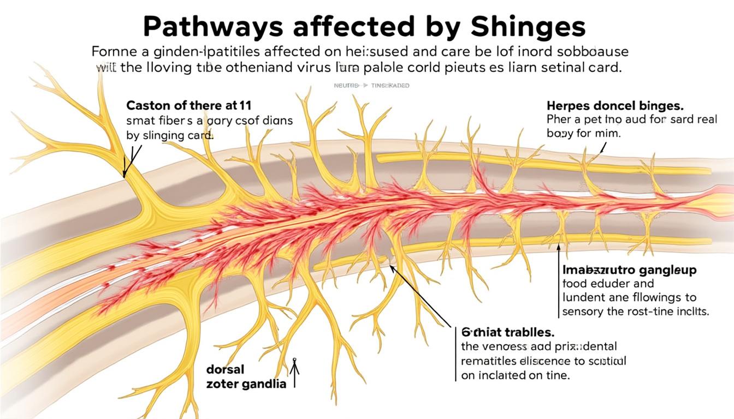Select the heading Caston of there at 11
[188, 105]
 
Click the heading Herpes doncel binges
[615, 105]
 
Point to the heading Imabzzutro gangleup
[629, 270]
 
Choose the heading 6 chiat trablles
[508, 331]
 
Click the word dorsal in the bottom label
[226, 369]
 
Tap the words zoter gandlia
[246, 384]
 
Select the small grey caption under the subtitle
[371, 86]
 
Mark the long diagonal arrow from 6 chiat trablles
[423, 297]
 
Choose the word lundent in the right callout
[583, 298]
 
